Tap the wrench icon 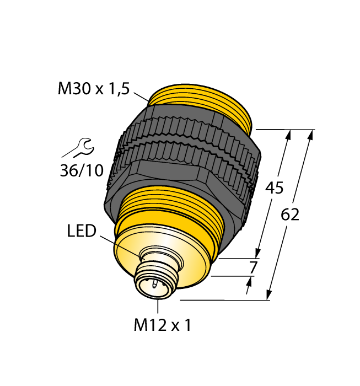coord(78,148)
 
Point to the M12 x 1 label coord(162,325)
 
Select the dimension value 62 coord(290,215)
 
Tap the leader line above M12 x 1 coord(158,306)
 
